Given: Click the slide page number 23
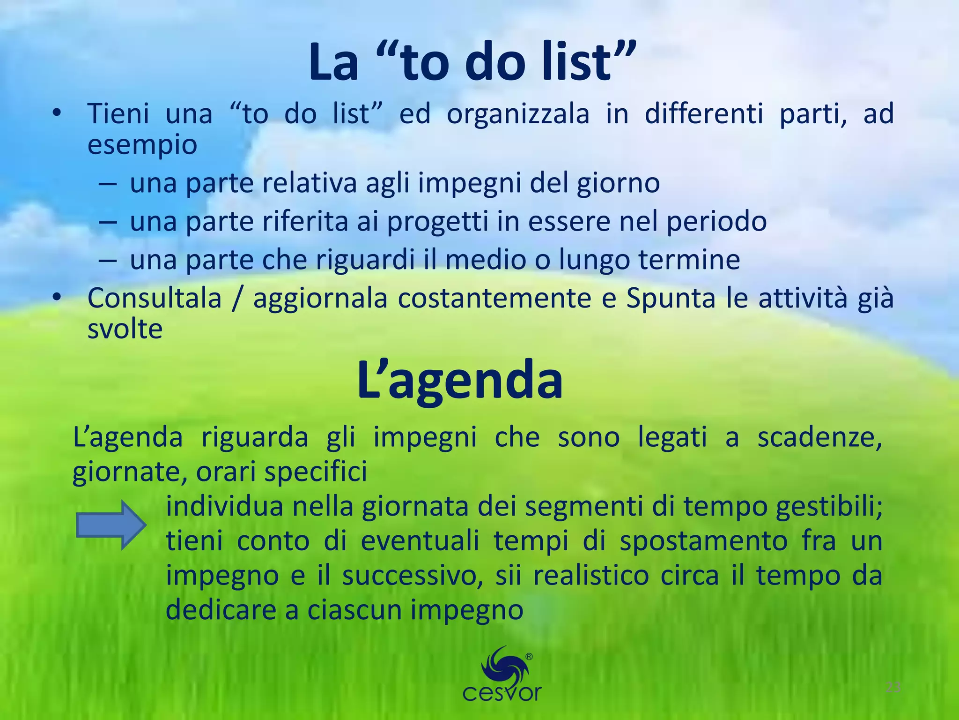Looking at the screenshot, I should point(893,688).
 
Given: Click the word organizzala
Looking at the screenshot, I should point(518,114).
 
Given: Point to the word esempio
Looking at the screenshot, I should point(142,145).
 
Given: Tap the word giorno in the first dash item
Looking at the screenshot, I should point(618,183).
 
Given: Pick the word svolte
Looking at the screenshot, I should point(125,329).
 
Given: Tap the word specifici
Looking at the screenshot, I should point(316,472).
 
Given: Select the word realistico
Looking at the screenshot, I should point(591,576).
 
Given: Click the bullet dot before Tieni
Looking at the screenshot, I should point(57,114).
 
